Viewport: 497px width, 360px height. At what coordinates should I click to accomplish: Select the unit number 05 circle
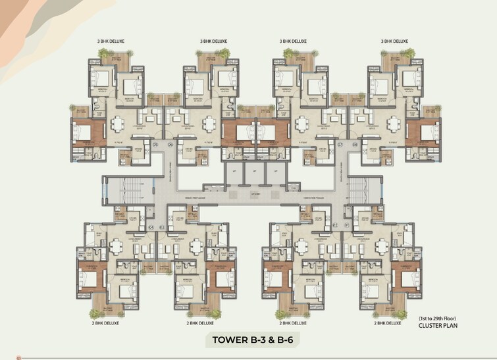point(156,144)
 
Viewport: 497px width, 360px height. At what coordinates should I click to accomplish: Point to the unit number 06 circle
point(170,144)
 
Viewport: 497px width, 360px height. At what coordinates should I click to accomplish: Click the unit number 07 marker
point(340,144)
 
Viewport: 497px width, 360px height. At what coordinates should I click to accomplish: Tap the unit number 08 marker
point(354,144)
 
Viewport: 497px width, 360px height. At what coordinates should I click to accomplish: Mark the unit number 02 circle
point(335,226)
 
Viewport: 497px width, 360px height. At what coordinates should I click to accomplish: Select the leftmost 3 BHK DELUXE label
point(111,41)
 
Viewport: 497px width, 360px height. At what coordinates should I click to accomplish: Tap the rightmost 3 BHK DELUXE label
point(395,41)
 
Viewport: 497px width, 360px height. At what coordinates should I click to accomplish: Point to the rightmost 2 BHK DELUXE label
point(388,323)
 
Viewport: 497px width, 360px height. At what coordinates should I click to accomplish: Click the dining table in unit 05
point(119,124)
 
